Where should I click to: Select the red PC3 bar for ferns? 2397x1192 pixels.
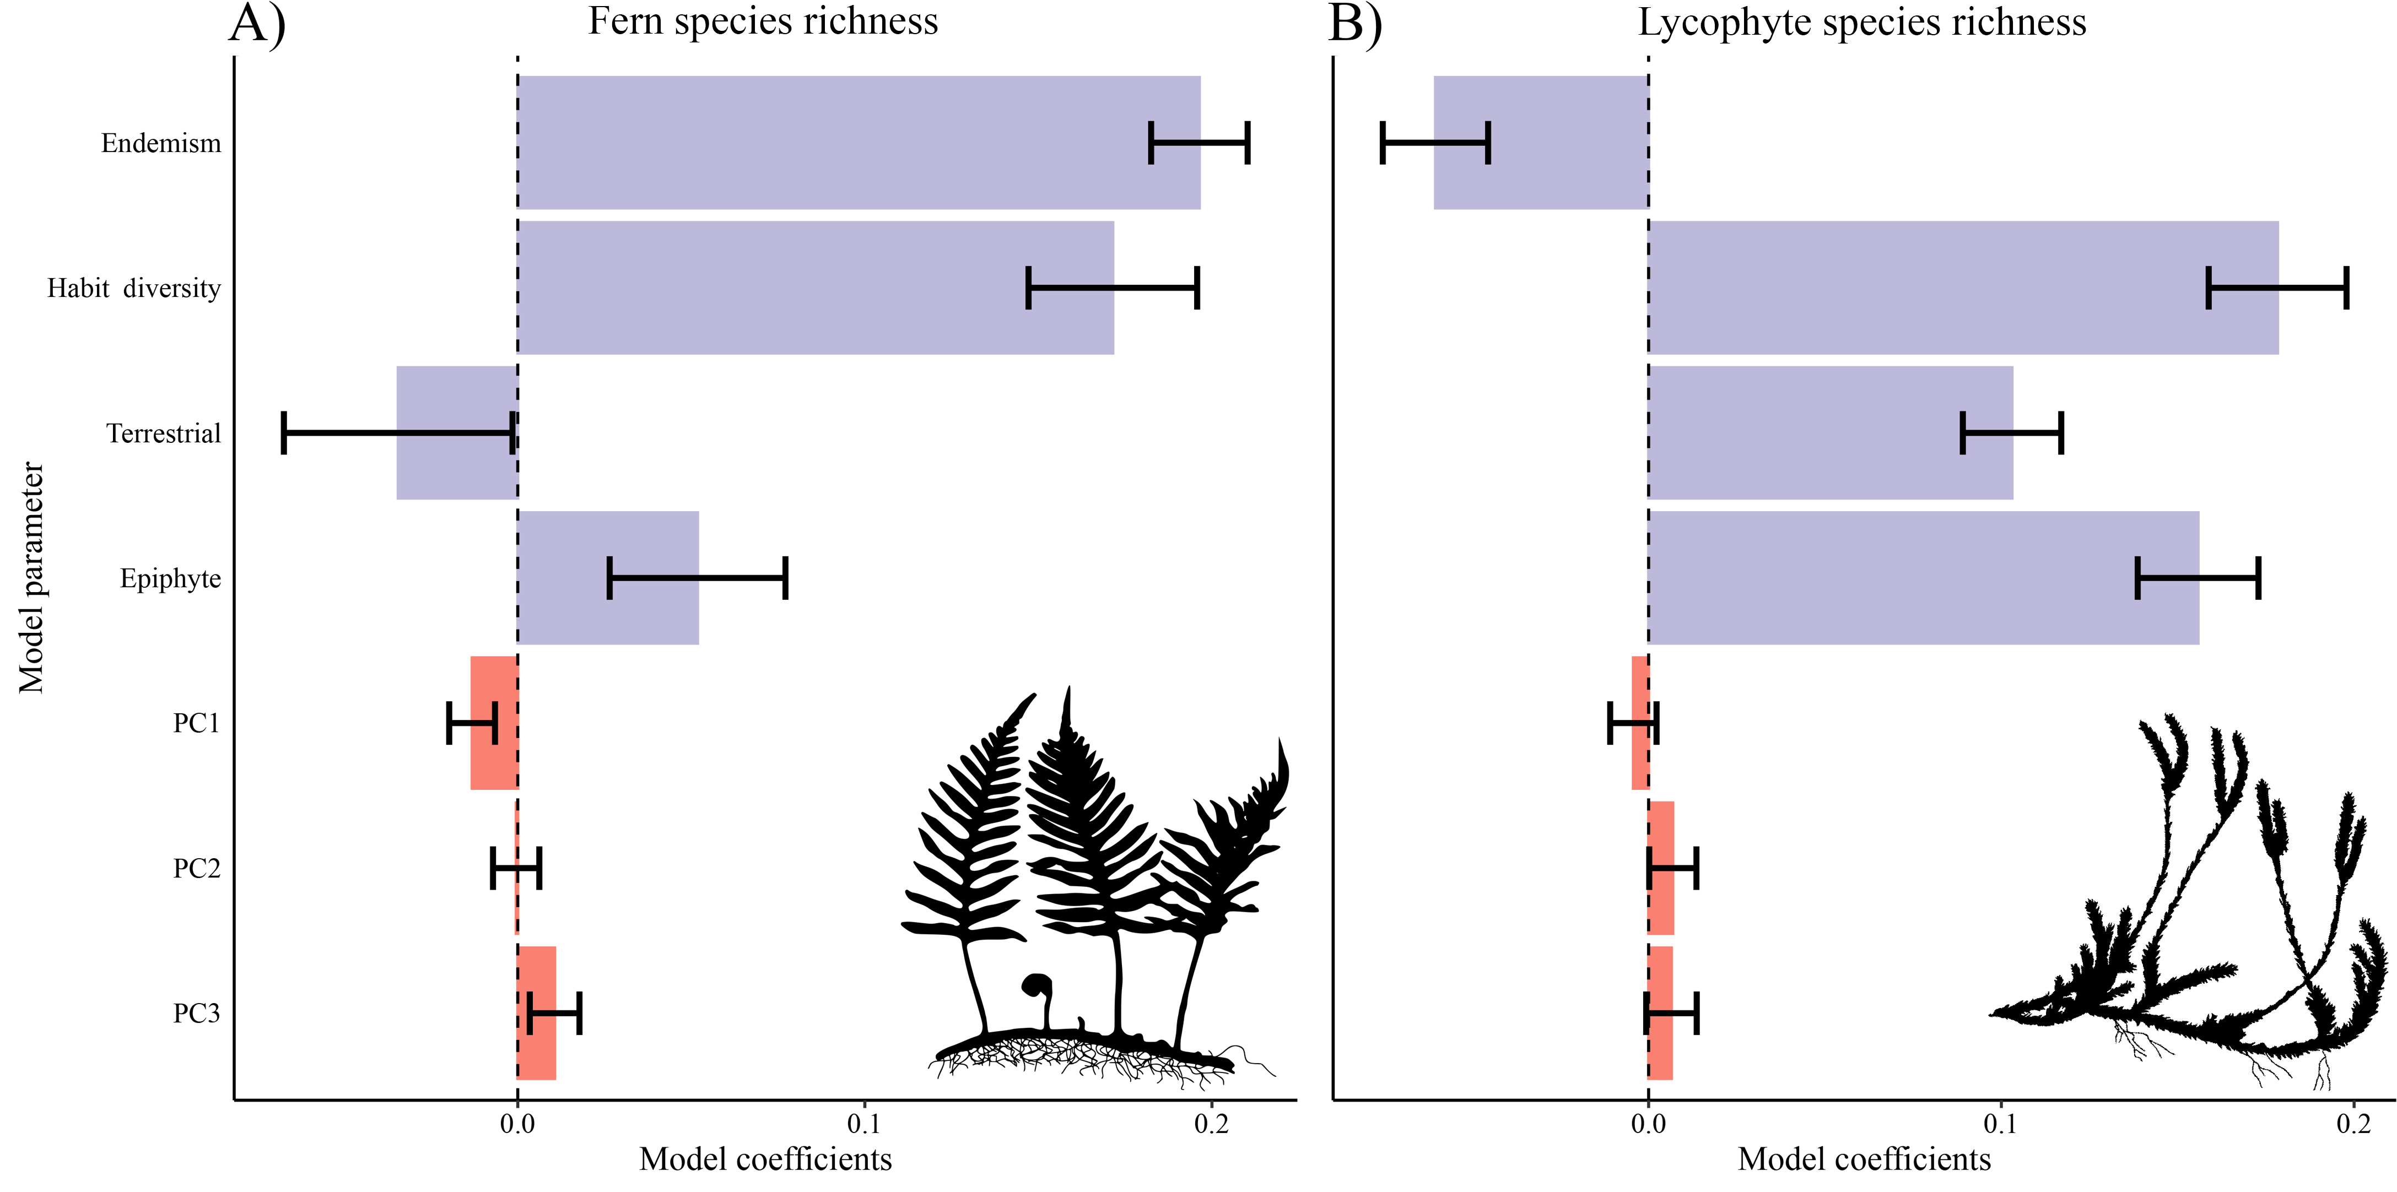(537, 1014)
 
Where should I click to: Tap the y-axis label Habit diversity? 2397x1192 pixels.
(134, 289)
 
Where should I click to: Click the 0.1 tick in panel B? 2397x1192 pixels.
(2001, 1124)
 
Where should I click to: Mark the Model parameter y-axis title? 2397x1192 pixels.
(31, 577)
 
